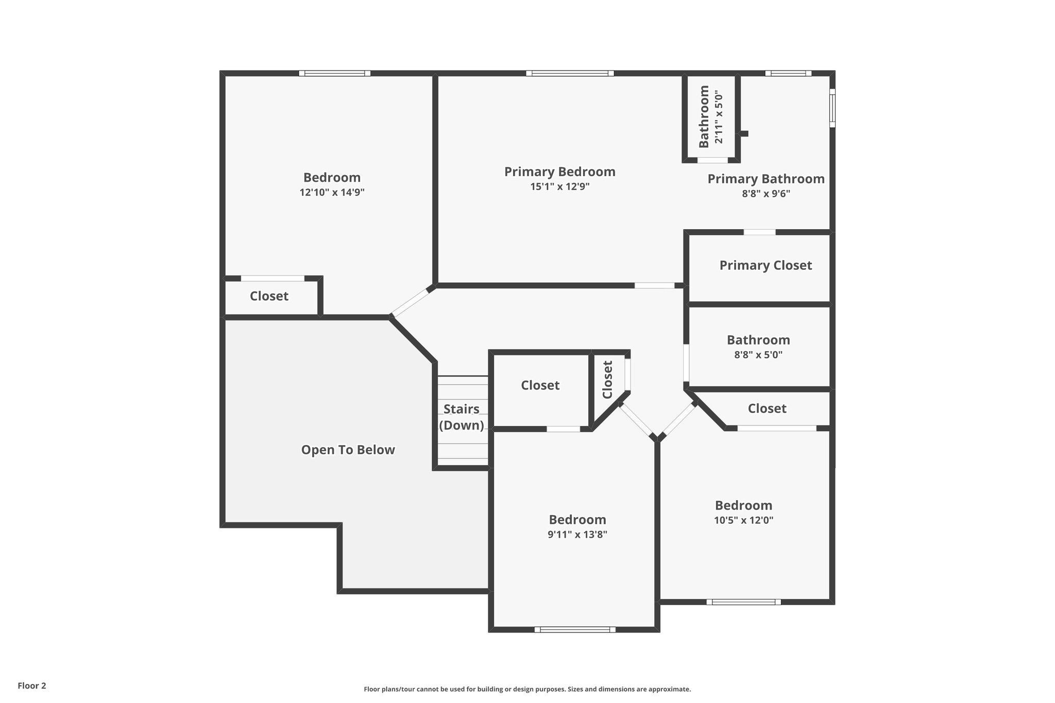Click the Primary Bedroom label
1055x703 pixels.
pos(559,172)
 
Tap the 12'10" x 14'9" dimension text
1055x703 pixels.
pos(332,193)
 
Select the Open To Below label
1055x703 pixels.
pos(348,450)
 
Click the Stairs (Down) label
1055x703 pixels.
pos(461,417)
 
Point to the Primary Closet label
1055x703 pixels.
pos(765,265)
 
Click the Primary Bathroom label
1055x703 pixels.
pos(765,179)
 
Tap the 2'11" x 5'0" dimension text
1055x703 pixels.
pos(719,118)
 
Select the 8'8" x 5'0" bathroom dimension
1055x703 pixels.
pos(758,355)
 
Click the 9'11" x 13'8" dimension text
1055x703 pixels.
pos(577,535)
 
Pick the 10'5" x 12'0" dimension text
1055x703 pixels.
pos(743,520)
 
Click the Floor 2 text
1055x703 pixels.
pos(32,685)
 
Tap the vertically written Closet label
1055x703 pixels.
pos(607,380)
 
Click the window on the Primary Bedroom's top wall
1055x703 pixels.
pos(570,73)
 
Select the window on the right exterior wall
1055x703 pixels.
pos(832,108)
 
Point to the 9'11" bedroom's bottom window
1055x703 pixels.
pos(575,629)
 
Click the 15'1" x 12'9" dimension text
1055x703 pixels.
pos(559,186)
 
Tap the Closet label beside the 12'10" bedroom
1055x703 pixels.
pos(269,296)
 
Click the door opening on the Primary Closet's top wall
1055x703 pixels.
pos(759,232)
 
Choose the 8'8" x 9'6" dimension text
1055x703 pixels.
pos(765,194)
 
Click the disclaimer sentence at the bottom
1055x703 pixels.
pos(527,689)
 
